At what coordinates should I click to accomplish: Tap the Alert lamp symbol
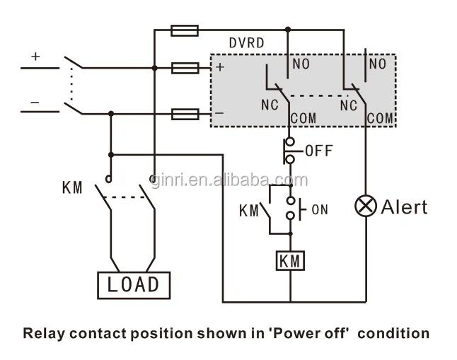coord(366,207)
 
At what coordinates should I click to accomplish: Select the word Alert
coord(405,207)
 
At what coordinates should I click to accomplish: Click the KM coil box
coord(290,261)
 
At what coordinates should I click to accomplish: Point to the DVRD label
coord(246,43)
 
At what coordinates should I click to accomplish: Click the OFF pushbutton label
coord(318,151)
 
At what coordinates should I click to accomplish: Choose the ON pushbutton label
coord(319,209)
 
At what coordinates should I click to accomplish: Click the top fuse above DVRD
coord(185,30)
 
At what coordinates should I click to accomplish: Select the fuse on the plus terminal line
coord(185,68)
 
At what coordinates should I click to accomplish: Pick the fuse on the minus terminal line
coord(185,113)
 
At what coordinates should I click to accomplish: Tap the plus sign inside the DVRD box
coord(220,68)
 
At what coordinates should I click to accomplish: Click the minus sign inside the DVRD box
coord(219,113)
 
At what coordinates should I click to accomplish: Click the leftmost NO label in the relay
coord(301,64)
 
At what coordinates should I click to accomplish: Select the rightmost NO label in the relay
coord(377,64)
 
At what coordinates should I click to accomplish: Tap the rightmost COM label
coord(380,119)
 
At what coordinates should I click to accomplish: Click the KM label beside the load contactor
coord(72,188)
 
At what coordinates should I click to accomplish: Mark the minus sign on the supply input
coord(35,102)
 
